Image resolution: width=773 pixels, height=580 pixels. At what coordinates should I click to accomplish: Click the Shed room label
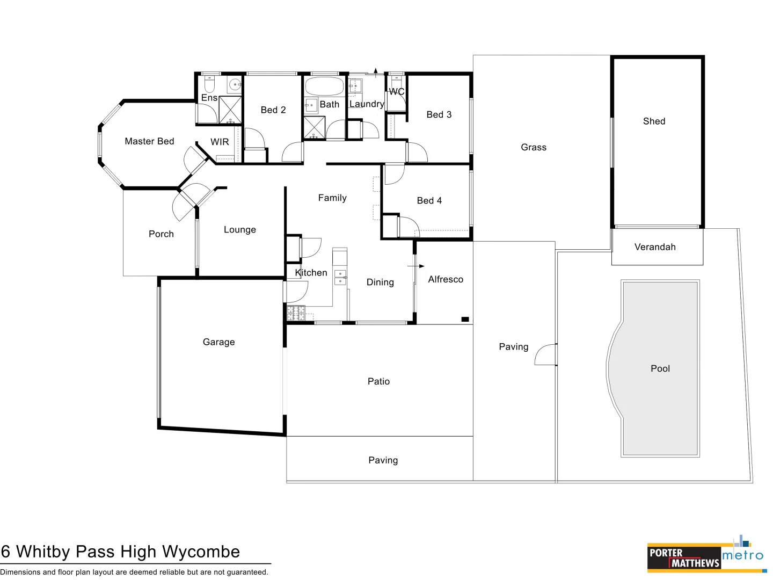(x=654, y=121)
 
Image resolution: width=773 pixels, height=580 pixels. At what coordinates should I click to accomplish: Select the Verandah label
(x=655, y=247)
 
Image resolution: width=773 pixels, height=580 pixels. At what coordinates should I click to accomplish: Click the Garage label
(x=218, y=342)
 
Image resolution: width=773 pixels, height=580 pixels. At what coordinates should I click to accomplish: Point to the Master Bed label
(x=149, y=141)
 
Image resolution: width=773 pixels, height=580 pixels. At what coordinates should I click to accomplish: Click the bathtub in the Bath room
(x=324, y=86)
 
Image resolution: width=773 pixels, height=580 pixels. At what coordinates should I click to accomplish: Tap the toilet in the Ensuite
(x=209, y=84)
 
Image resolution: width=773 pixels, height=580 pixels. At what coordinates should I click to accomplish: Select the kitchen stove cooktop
(x=296, y=313)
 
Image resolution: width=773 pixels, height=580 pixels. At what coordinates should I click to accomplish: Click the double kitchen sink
(x=340, y=277)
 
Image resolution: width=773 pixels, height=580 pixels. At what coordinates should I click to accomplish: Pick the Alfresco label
(x=446, y=279)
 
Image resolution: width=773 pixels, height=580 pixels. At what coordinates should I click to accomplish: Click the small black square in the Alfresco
(x=465, y=320)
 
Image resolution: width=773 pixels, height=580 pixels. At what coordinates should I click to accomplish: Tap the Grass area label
(x=534, y=147)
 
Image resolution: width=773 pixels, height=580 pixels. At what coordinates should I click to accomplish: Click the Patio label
(x=378, y=381)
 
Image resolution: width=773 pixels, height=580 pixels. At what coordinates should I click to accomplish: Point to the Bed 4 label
(x=429, y=200)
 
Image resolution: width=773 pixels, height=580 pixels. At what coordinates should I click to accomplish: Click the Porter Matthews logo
(x=683, y=557)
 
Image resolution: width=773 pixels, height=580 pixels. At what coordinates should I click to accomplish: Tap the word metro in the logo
(x=742, y=555)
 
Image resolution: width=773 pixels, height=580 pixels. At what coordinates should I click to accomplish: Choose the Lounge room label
(x=240, y=229)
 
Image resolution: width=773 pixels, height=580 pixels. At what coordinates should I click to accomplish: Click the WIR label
(x=220, y=142)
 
